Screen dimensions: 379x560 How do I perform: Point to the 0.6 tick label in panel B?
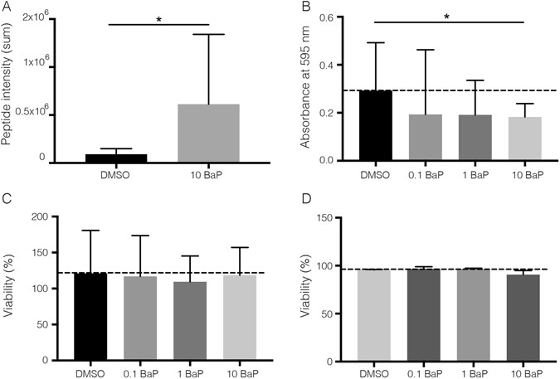click(x=338, y=17)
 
